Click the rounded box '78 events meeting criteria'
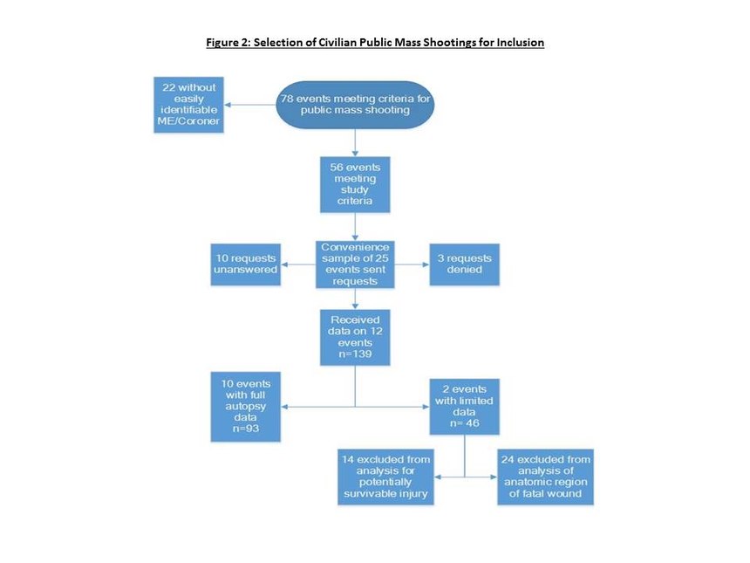pos(355,105)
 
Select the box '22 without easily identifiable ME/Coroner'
pos(188,105)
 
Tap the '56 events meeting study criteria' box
pos(355,184)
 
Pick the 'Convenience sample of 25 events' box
pos(355,264)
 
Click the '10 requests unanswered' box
pos(245,264)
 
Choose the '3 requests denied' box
pos(465,264)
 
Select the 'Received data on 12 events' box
pos(355,337)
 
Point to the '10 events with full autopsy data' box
pos(245,407)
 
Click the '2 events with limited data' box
pos(465,407)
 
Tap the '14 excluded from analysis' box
pos(385,477)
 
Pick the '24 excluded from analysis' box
pos(545,477)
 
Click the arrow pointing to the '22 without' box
pos(249,105)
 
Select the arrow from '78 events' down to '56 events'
pos(355,142)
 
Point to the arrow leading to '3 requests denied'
pos(412,264)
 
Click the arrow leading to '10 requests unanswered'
pos(298,264)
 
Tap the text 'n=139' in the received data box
pos(355,354)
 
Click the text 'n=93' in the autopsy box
pos(245,429)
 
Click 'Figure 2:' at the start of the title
pos(228,42)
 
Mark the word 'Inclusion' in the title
pos(521,42)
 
